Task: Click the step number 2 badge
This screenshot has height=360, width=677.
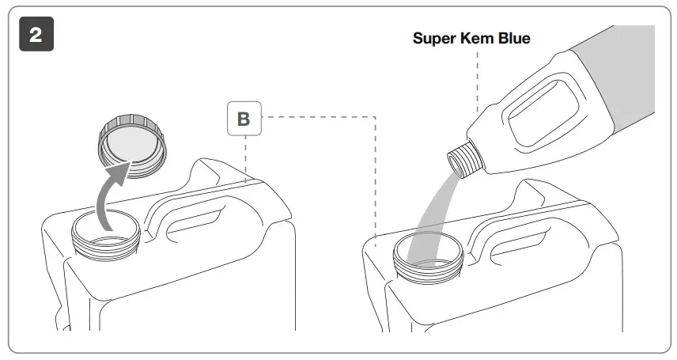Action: click(x=36, y=35)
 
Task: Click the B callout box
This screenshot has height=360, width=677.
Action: click(x=244, y=119)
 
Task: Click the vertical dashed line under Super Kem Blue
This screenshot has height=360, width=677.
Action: click(x=478, y=79)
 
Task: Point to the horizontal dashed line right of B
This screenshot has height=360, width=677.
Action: click(x=316, y=118)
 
